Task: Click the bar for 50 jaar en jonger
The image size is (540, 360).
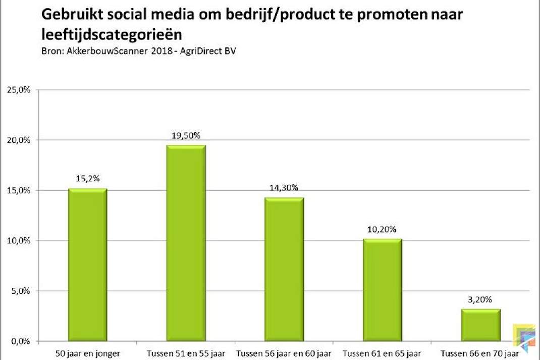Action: [87, 265]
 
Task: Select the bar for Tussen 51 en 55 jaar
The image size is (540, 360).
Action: [186, 243]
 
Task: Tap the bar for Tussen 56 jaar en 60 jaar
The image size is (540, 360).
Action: [284, 270]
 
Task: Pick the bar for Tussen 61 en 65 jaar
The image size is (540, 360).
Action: [382, 290]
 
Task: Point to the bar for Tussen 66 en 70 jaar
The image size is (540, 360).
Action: [481, 325]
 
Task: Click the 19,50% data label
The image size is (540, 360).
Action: [186, 136]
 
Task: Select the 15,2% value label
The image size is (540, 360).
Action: [88, 178]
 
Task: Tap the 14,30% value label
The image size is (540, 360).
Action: [284, 188]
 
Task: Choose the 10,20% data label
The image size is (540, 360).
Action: [382, 229]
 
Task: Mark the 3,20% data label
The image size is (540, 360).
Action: [480, 300]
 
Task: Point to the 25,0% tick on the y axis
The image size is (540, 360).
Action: [19, 90]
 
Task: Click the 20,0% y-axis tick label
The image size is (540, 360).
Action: [19, 140]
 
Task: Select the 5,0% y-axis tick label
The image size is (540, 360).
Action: [21, 291]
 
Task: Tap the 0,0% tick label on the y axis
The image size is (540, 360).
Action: [21, 341]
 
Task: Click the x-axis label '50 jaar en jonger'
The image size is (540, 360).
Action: [88, 353]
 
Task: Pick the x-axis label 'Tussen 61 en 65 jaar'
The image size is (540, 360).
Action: [382, 353]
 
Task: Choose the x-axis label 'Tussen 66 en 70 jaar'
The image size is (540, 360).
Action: [480, 353]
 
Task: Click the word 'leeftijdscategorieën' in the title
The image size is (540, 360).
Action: [112, 35]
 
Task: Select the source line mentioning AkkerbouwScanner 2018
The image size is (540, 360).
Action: [139, 51]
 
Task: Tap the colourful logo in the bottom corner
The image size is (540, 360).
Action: [524, 338]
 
